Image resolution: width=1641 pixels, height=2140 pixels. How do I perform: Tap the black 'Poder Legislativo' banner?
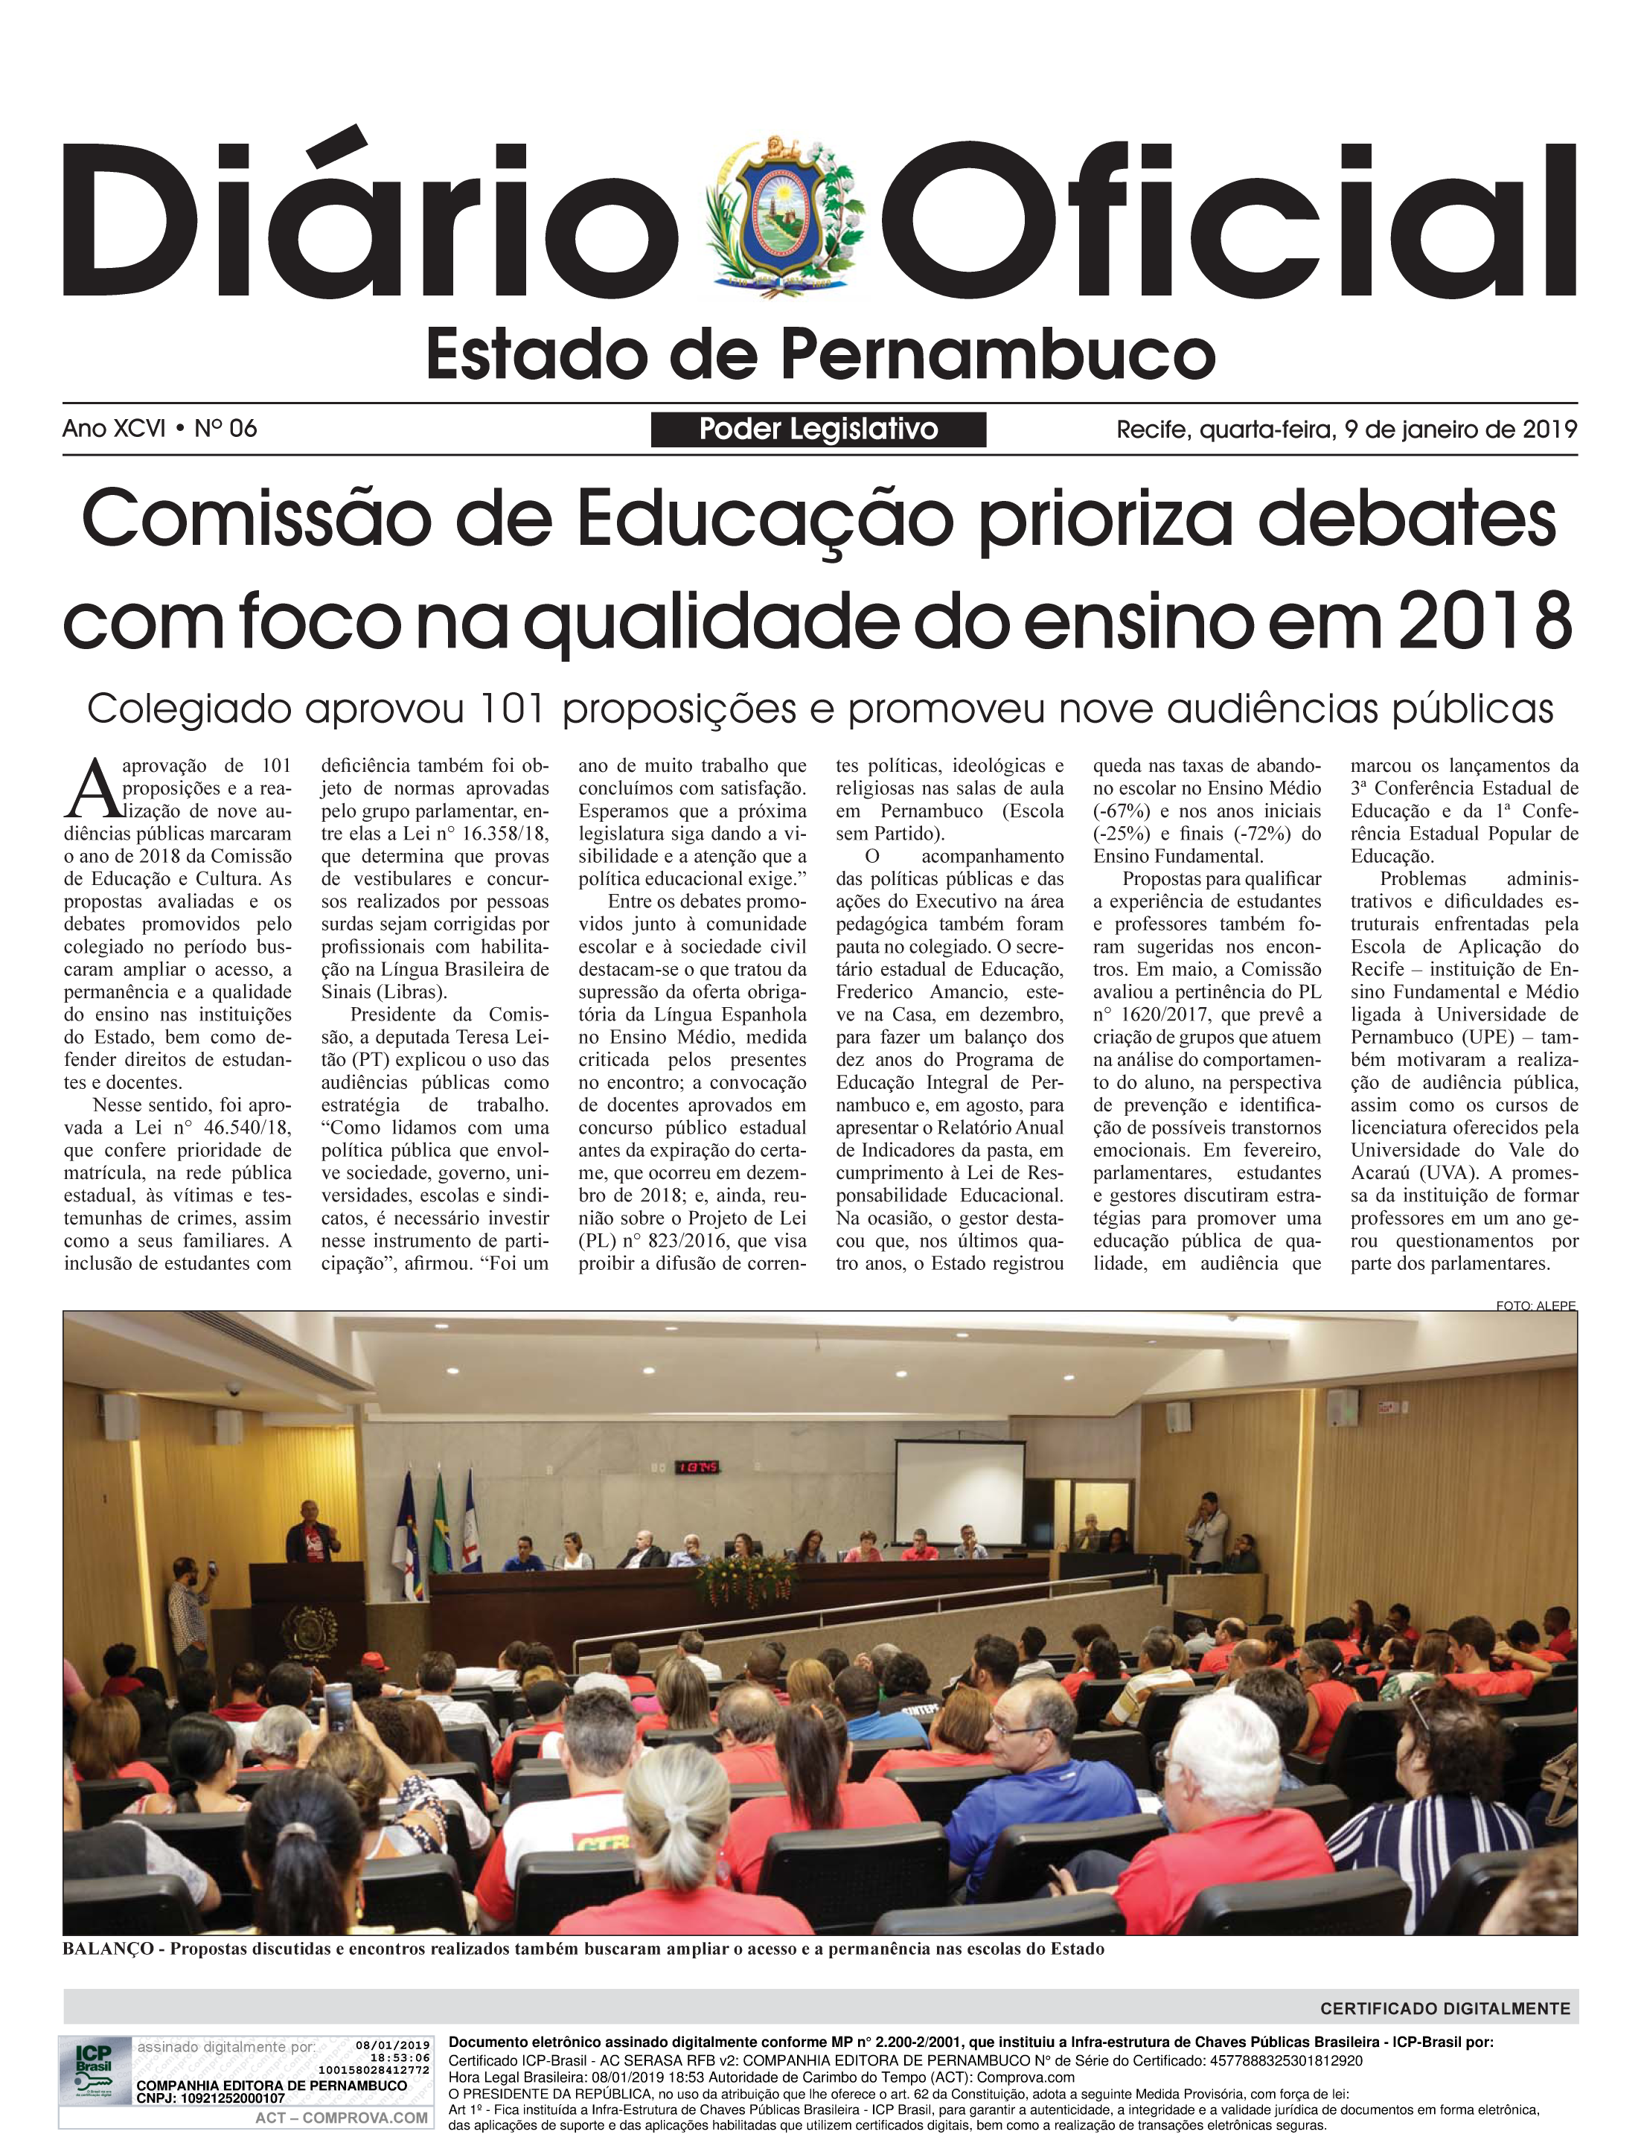(x=818, y=429)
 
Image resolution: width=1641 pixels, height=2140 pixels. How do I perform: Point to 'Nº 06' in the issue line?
(x=225, y=428)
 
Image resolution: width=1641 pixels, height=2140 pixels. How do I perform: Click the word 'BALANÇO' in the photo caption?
(x=107, y=1949)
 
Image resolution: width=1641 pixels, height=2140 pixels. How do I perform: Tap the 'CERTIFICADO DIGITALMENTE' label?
(x=1445, y=2008)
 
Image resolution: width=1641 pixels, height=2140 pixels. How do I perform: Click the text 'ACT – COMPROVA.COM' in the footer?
(x=342, y=2118)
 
